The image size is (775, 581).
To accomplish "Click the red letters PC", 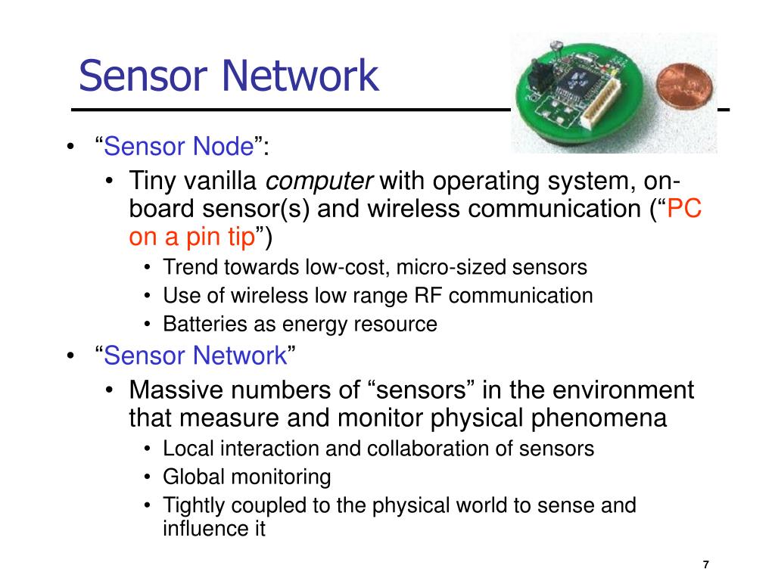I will click(686, 210).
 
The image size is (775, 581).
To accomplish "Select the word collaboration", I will click(429, 449).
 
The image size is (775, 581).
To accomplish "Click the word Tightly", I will click(192, 506).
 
